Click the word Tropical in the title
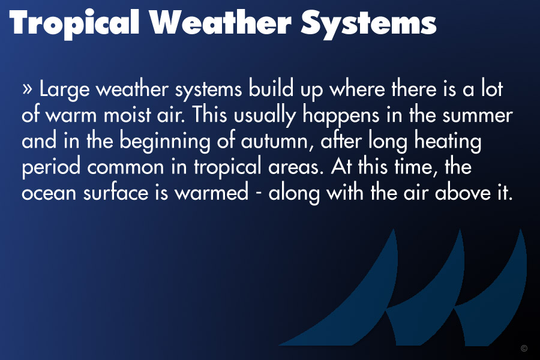point(74,23)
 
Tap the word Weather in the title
point(220,22)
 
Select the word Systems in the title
point(368,23)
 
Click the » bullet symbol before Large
point(27,89)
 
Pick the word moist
point(127,115)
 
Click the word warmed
point(211,192)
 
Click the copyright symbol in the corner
point(524,348)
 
